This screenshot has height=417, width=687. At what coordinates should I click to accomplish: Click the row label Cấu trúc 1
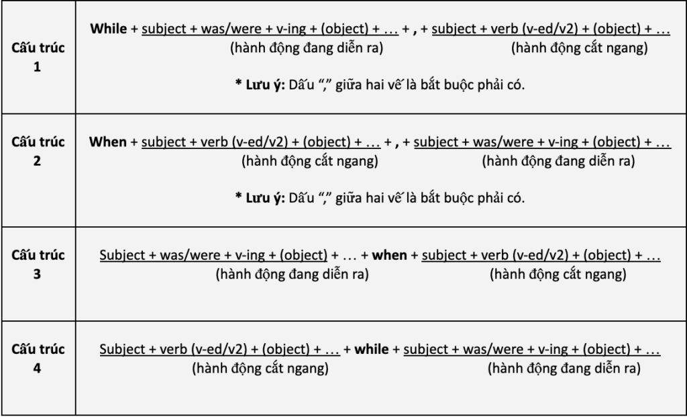[x=37, y=58]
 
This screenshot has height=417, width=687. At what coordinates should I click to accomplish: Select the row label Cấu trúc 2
[x=37, y=152]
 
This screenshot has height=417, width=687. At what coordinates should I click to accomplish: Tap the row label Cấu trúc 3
[x=37, y=265]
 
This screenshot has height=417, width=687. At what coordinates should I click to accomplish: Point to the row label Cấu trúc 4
[x=37, y=359]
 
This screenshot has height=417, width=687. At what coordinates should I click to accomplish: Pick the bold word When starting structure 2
[x=108, y=142]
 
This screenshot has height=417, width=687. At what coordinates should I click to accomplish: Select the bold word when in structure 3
[x=389, y=256]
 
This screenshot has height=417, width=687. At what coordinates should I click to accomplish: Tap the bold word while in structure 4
[x=371, y=350]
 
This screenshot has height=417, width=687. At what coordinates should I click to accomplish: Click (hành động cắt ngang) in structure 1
[x=579, y=48]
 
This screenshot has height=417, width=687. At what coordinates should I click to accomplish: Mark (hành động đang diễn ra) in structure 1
[x=307, y=48]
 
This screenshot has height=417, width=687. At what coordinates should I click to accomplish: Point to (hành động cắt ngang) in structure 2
[x=309, y=161]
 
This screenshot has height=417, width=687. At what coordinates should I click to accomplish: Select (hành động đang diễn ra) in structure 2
[x=558, y=161]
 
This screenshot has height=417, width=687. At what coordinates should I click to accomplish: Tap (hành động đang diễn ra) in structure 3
[x=292, y=274]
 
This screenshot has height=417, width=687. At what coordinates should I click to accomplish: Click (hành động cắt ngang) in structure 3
[x=558, y=274]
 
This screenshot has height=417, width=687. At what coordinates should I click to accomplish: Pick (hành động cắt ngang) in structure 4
[x=260, y=368]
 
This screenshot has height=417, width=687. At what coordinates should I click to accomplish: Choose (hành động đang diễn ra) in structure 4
[x=564, y=368]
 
